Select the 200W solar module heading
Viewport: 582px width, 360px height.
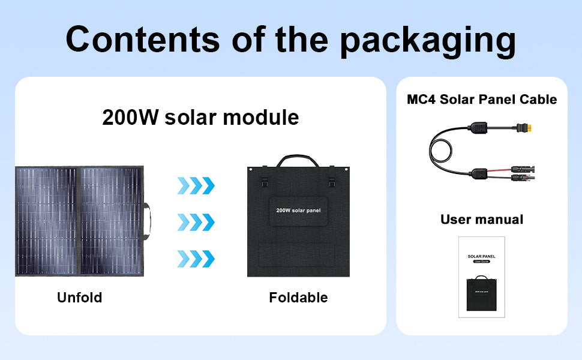[200, 117]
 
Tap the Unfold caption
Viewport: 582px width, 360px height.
[79, 298]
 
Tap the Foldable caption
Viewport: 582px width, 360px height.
[298, 298]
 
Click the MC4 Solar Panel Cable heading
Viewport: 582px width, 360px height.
[482, 100]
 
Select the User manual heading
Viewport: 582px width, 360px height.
[482, 220]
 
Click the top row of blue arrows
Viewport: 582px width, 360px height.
[196, 185]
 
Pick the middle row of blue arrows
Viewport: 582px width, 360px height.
[196, 222]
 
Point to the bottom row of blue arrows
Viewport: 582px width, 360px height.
[196, 259]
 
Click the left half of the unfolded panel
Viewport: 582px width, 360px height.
[47, 221]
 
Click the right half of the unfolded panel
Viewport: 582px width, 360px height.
[112, 221]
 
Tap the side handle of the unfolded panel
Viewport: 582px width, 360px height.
[147, 221]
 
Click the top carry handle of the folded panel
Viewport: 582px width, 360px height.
[298, 161]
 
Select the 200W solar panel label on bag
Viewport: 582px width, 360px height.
[298, 211]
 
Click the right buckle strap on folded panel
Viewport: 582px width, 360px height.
[331, 181]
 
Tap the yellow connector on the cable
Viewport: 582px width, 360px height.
[530, 128]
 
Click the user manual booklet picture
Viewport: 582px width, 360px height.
[482, 277]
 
